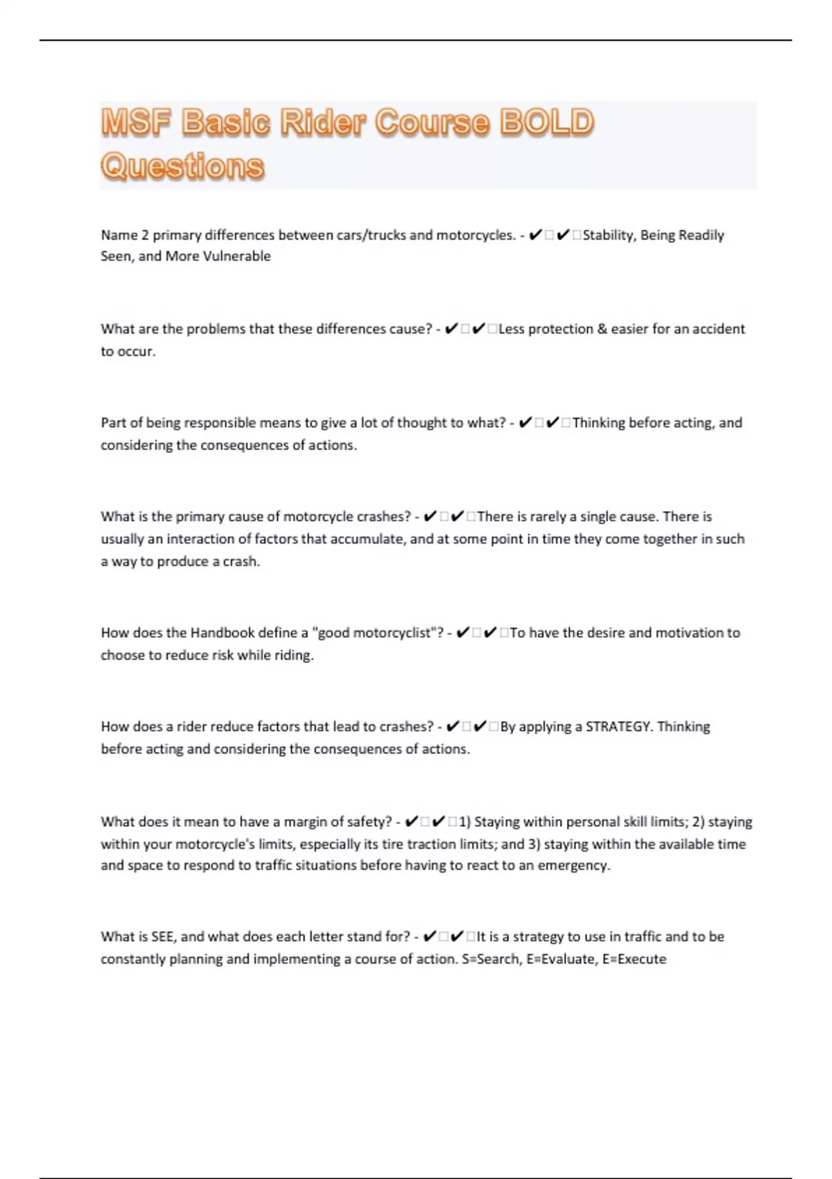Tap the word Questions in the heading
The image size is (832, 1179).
tap(182, 166)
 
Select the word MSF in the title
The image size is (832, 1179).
tap(136, 123)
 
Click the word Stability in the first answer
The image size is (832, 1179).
tap(608, 235)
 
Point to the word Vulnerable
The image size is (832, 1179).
tap(236, 256)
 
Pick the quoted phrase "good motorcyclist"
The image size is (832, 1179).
tap(375, 632)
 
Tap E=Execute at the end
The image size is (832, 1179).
tap(634, 959)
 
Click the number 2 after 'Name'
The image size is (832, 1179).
tap(145, 235)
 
